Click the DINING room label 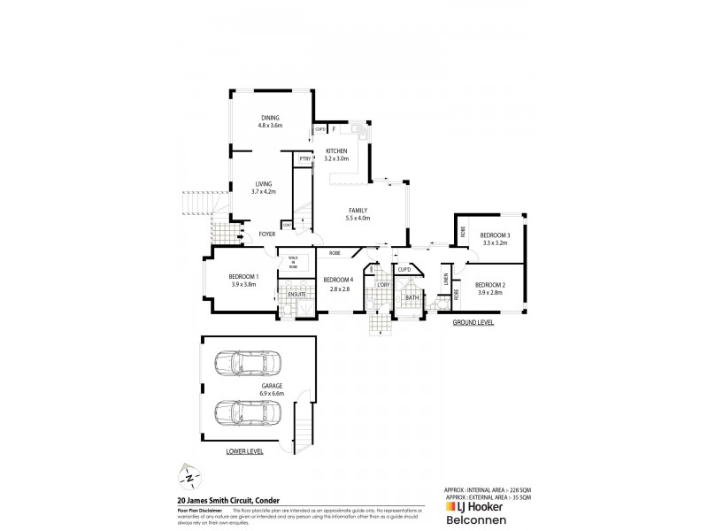[x=269, y=119]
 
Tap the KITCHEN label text [x=336, y=151]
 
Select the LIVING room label [x=263, y=183]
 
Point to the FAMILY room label [x=358, y=211]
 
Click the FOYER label [x=265, y=235]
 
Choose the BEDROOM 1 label [x=243, y=277]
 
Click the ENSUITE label [x=296, y=293]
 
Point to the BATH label [x=412, y=297]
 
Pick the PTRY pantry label [x=304, y=159]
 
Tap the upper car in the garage [x=249, y=364]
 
